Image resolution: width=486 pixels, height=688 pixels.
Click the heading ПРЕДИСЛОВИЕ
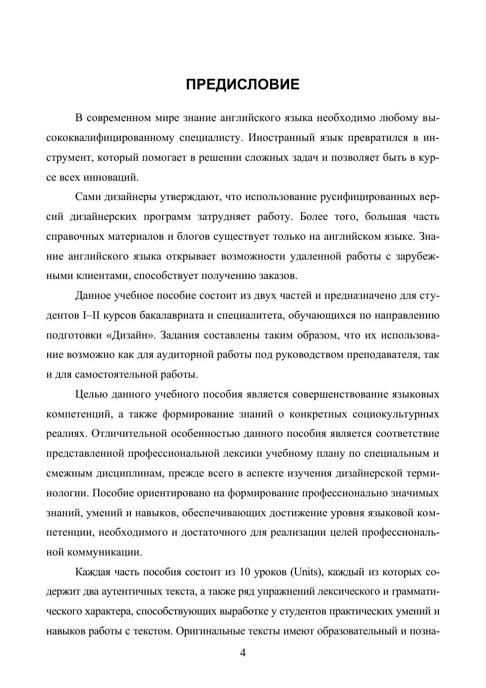[x=243, y=84]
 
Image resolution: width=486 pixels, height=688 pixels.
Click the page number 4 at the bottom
[x=243, y=652]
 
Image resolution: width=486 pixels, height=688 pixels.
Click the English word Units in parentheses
[x=306, y=572]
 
